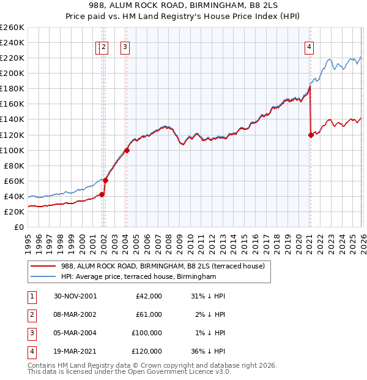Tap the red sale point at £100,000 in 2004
(x=127, y=150)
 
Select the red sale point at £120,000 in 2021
(x=311, y=135)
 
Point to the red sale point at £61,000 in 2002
(x=105, y=180)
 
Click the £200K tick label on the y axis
(x=12, y=74)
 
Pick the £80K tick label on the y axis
(x=13, y=165)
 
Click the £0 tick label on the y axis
(x=19, y=227)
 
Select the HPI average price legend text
(x=139, y=277)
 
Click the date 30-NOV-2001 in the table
(x=75, y=295)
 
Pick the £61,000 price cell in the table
(x=149, y=314)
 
